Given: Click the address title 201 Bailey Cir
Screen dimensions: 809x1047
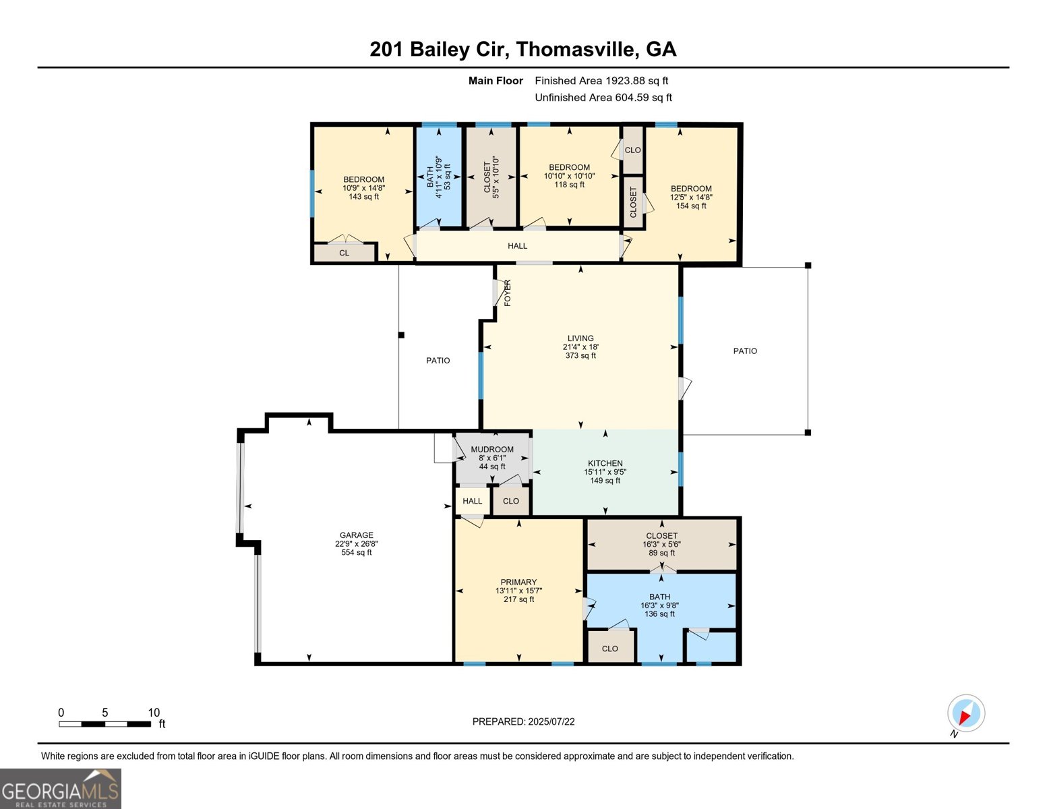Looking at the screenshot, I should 522,49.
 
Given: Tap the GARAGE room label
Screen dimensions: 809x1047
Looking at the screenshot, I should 356,535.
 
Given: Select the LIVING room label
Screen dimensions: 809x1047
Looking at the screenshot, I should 580,338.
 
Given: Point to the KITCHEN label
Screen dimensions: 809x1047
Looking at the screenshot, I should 605,463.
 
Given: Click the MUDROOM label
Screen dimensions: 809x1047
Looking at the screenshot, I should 492,449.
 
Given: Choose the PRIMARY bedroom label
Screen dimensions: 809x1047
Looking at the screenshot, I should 518,582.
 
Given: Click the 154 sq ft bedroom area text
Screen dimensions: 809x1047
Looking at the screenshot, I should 691,206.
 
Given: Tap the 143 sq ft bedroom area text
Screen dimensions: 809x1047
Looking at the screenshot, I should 363,197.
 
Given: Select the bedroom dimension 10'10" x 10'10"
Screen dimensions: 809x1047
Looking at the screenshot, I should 569,176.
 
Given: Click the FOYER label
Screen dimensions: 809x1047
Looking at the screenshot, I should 508,293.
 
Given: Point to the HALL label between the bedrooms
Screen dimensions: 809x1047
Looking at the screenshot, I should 517,246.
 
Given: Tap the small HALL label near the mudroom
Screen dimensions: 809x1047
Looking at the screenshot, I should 472,501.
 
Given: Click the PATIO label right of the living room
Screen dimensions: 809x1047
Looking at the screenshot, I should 745,351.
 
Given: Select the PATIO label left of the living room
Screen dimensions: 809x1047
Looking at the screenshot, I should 438,361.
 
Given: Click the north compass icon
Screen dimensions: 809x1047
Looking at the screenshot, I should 965,713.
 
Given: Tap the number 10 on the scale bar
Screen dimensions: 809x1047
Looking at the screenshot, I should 154,713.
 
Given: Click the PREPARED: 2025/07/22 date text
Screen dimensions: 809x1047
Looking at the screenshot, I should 523,721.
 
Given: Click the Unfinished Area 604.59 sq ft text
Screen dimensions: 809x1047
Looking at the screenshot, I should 603,98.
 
